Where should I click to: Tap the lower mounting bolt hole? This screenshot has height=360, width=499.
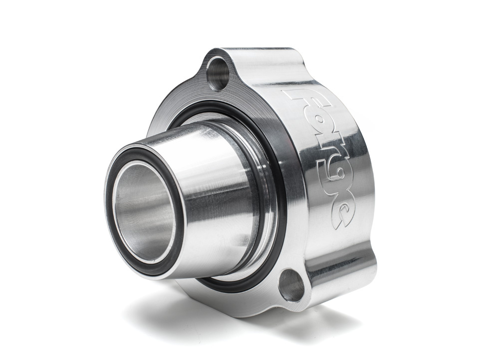tap(291, 285)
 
